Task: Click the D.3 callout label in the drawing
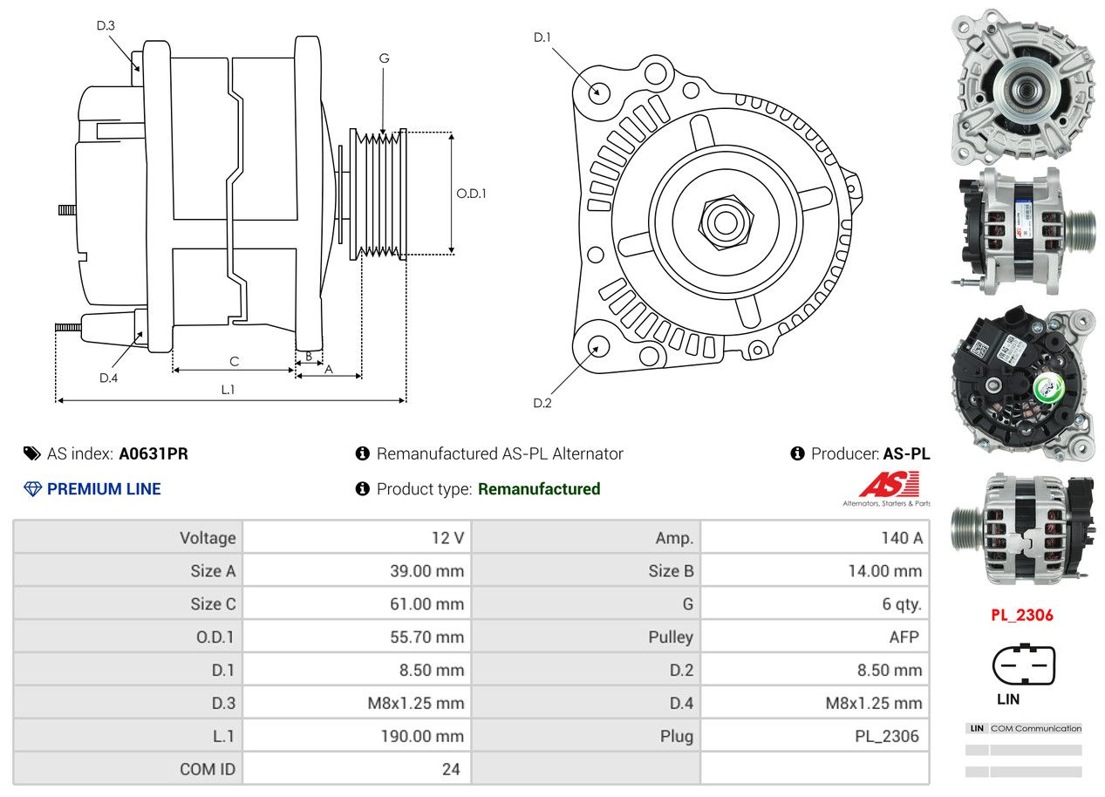pos(106,25)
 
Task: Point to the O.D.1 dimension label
pos(471,193)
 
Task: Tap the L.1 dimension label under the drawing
pos(228,390)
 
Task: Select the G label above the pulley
pos(384,58)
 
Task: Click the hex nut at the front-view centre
pos(724,220)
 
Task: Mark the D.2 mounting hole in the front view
pos(598,345)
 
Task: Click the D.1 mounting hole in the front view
pos(598,91)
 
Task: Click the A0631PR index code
pos(153,453)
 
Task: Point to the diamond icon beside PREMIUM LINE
pos(32,489)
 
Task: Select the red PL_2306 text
pos(1021,615)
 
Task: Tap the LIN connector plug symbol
pos(1023,665)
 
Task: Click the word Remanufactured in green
pos(539,489)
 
